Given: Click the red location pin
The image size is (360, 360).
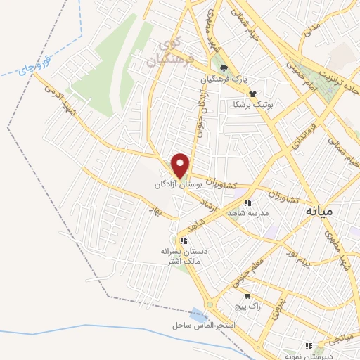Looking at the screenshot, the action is (181, 165).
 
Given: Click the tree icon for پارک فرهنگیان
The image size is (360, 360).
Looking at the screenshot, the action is (224, 68).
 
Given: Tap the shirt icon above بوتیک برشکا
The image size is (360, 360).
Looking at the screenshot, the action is (252, 94).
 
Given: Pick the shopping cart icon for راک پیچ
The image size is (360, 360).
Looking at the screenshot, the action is (236, 297).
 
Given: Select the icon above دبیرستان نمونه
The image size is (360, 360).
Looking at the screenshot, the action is (307, 345).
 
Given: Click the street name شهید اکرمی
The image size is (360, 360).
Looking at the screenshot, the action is (59, 99).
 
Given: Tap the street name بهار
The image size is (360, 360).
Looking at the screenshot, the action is (154, 210).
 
